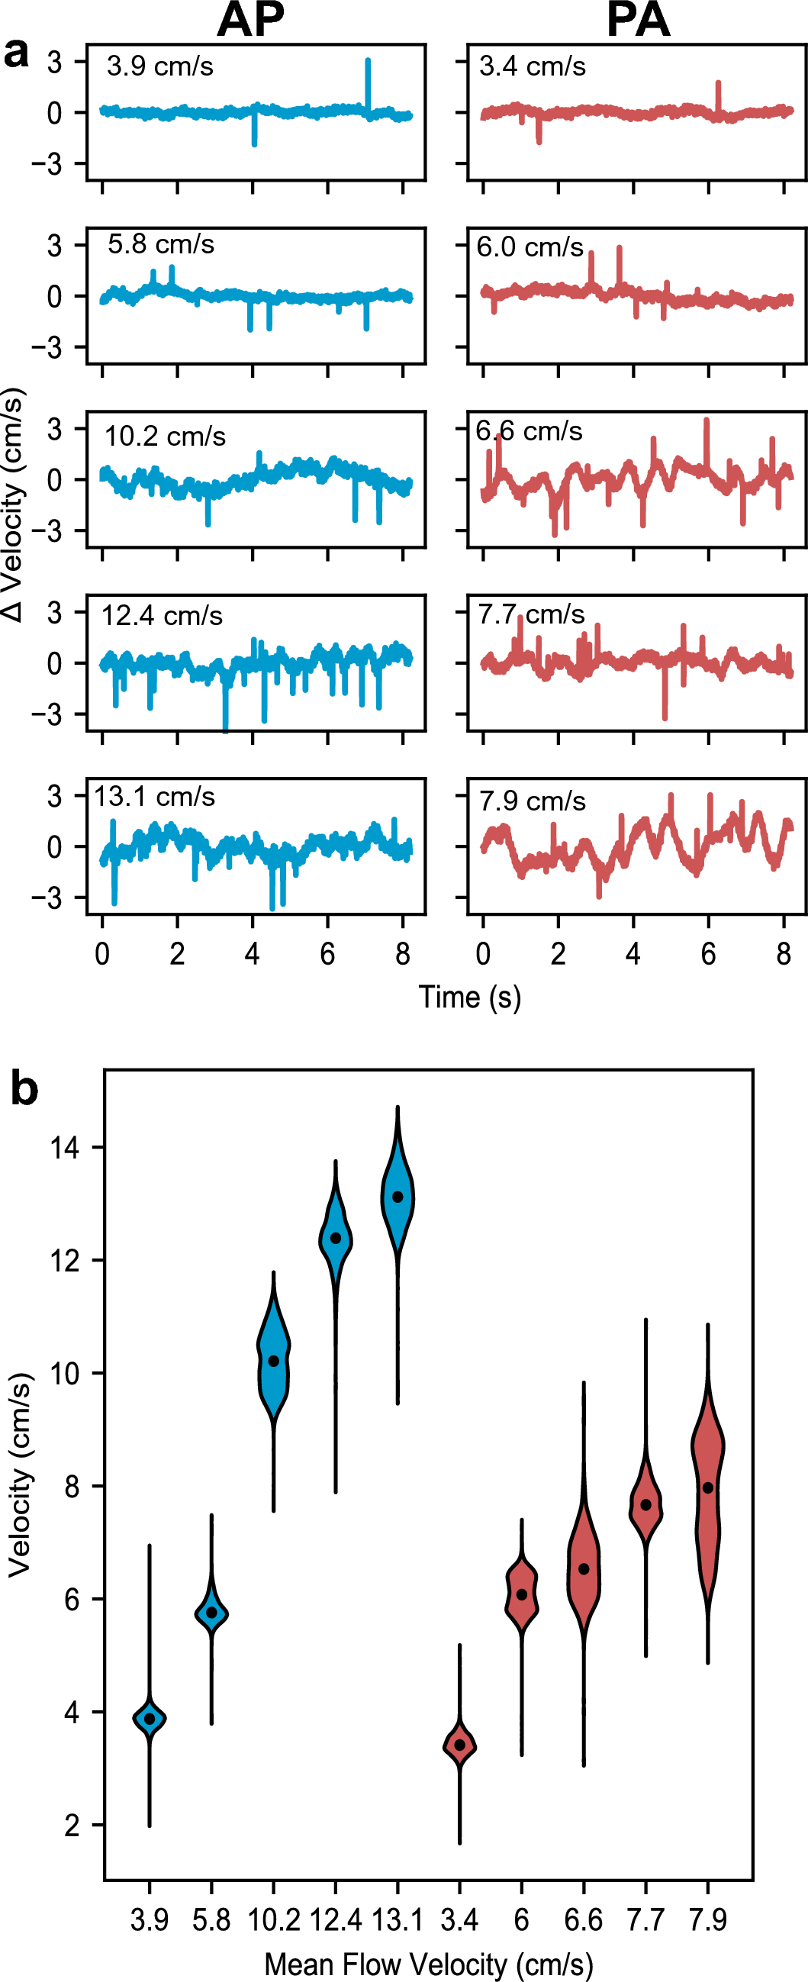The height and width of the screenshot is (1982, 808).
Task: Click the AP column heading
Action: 250,20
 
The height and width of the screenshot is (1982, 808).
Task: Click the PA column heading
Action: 638,20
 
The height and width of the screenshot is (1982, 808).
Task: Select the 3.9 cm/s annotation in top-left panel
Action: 160,66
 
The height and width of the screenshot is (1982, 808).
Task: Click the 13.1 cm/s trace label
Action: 155,796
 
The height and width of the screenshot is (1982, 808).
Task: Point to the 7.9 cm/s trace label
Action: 533,801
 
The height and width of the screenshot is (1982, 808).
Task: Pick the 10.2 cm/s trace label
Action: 166,437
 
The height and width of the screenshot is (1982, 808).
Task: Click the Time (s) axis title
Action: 469,997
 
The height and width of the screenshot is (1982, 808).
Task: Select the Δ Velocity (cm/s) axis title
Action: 14,504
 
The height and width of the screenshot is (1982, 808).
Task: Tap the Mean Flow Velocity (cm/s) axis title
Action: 429,1964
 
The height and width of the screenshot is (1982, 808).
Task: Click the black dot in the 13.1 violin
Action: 398,1197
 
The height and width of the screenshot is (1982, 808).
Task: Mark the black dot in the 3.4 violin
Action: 460,1744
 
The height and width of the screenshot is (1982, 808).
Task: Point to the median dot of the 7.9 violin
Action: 708,1487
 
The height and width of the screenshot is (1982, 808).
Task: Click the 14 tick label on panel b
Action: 65,1148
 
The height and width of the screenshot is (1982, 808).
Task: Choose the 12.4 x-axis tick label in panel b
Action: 336,1919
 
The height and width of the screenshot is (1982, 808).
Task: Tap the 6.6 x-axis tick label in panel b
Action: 583,1919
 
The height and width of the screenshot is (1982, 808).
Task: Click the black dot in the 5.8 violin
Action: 211,1612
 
